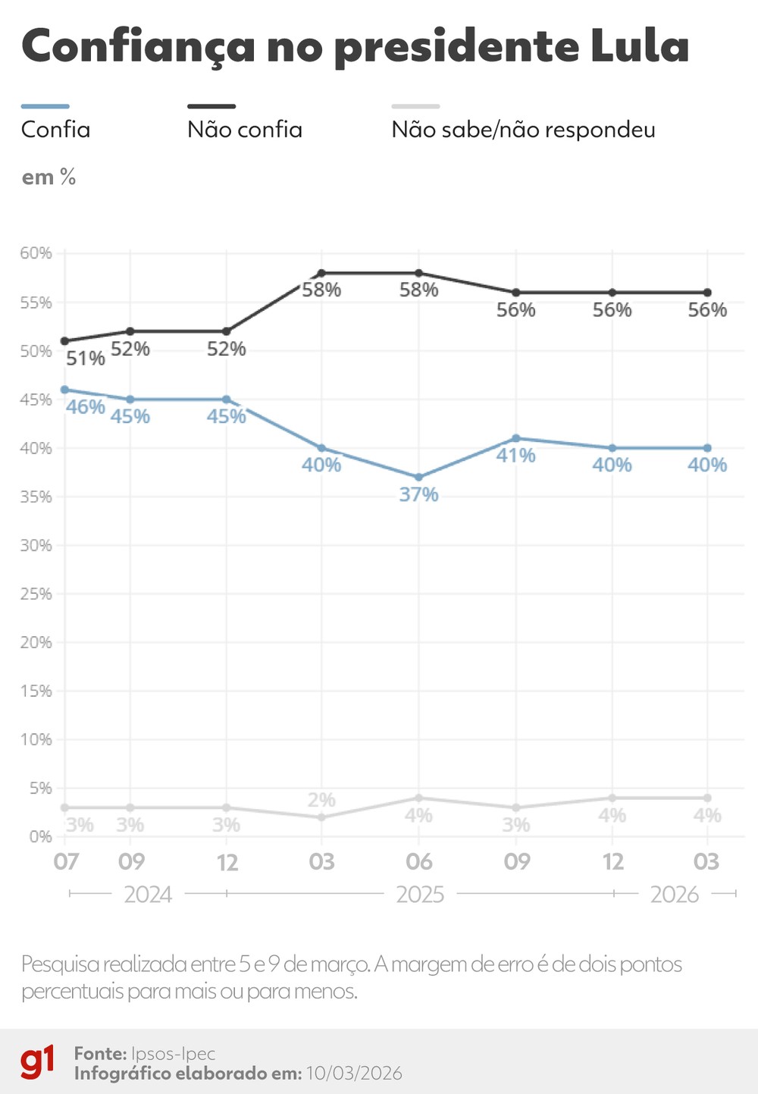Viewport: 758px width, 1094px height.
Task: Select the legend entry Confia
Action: click(x=55, y=130)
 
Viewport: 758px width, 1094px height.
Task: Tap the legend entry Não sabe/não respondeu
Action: click(x=523, y=130)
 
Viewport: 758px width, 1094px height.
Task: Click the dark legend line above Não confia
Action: click(x=211, y=107)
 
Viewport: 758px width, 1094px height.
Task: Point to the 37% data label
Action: click(x=418, y=494)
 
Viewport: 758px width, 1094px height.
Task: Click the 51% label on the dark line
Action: click(x=85, y=358)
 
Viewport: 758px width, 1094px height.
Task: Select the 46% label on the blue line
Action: click(x=85, y=407)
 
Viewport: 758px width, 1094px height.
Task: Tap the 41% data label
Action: click(x=515, y=456)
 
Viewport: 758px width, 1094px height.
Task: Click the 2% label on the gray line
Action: click(x=321, y=800)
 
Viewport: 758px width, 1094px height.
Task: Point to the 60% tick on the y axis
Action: click(x=36, y=253)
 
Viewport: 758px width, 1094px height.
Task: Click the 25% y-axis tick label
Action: click(x=36, y=594)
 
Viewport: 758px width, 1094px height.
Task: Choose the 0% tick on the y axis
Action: click(x=40, y=837)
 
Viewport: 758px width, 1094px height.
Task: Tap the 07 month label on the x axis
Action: click(x=66, y=862)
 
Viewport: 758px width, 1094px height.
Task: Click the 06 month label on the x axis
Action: click(x=418, y=862)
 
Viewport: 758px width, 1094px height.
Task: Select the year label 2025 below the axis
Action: click(x=420, y=895)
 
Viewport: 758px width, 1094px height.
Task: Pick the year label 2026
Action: click(x=674, y=895)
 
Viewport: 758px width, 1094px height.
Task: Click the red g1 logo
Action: click(x=37, y=1062)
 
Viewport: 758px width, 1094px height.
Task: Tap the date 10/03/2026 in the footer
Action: click(x=353, y=1074)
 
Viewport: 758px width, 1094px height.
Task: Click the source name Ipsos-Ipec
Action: click(x=173, y=1054)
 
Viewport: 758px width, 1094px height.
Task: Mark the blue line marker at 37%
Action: click(x=418, y=477)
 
